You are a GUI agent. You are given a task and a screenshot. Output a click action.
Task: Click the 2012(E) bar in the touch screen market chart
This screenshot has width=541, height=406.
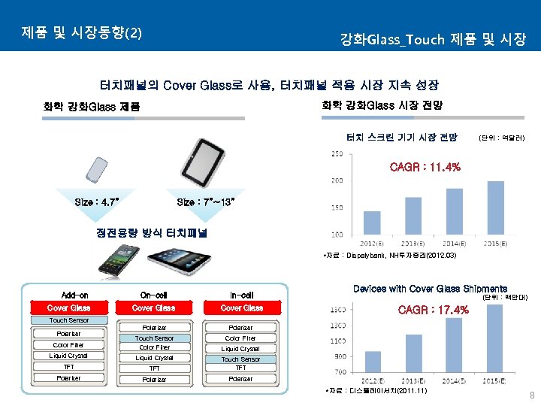pyautogui.click(x=372, y=223)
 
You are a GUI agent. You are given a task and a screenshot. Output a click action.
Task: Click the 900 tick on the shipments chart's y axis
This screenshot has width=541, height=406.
pyautogui.click(x=339, y=356)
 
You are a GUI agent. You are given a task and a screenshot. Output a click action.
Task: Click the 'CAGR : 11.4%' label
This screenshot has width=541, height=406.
pyautogui.click(x=425, y=167)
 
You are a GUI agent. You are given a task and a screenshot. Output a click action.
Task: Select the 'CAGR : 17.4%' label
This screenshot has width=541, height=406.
pyautogui.click(x=434, y=310)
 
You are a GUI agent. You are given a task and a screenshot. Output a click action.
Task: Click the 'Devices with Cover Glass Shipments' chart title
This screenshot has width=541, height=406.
pyautogui.click(x=430, y=289)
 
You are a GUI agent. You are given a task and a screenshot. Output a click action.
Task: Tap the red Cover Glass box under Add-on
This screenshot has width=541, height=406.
pyautogui.click(x=68, y=308)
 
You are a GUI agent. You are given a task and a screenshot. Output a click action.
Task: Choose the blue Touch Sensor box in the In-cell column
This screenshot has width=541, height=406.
pyautogui.click(x=241, y=359)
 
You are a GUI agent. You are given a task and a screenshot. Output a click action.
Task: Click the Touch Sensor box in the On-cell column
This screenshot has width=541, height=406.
pyautogui.click(x=154, y=338)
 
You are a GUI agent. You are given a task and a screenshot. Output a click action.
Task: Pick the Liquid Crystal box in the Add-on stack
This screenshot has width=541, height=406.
pyautogui.click(x=68, y=356)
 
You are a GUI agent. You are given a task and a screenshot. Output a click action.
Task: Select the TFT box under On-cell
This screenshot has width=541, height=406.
pyautogui.click(x=154, y=368)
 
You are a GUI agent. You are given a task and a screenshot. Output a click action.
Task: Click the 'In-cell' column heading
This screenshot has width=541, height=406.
pyautogui.click(x=241, y=295)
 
